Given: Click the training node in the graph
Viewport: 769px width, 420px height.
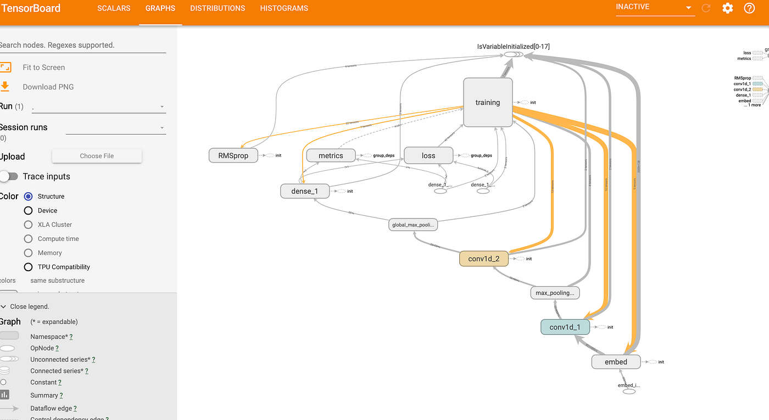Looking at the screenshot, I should tap(488, 102).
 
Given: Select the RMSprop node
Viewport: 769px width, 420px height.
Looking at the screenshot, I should tap(233, 155).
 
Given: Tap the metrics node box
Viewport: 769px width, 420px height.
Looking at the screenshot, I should tap(331, 155).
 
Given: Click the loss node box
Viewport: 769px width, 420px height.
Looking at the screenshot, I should tap(428, 155).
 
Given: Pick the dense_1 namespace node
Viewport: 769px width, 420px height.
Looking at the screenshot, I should tap(304, 191).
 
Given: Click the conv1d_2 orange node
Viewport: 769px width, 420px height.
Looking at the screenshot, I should tap(484, 259).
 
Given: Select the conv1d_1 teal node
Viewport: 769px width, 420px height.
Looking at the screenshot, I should tap(565, 327).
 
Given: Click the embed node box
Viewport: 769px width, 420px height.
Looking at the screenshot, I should tap(616, 362).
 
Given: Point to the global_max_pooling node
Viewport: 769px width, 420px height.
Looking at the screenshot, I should tap(414, 225).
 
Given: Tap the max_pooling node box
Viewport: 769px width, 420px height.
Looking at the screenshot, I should tap(555, 293).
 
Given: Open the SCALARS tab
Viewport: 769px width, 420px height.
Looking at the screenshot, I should tap(114, 8).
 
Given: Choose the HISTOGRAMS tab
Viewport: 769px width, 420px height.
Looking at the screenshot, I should tap(284, 8).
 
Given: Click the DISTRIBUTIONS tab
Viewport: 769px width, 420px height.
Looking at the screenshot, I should tap(218, 8).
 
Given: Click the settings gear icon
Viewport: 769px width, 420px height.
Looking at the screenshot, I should tap(728, 8).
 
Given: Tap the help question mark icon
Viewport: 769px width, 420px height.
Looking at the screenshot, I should tap(749, 8).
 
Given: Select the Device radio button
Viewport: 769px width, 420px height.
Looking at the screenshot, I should tap(29, 210).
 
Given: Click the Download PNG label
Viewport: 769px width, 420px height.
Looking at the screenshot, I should tap(48, 87).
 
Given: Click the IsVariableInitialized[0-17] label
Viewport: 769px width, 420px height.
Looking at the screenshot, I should tap(513, 47).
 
